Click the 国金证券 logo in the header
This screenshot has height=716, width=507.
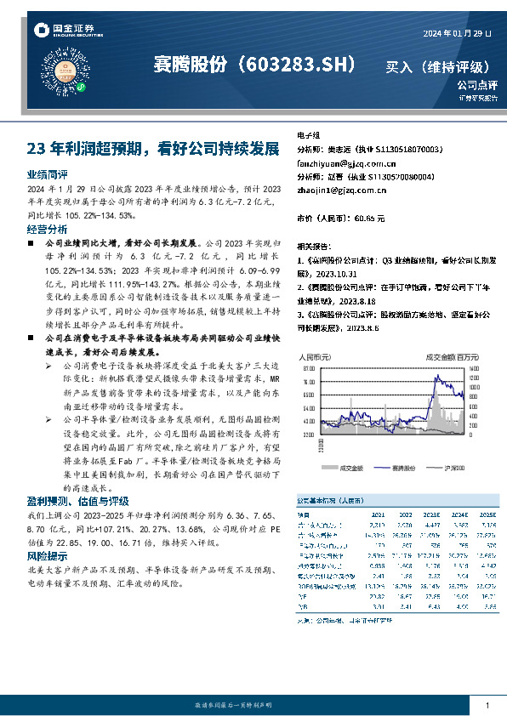(60, 31)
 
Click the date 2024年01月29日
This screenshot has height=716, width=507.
(456, 33)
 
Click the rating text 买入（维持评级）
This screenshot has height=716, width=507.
(439, 66)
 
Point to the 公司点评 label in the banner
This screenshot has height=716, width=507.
(476, 85)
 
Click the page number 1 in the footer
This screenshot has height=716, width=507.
(487, 705)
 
